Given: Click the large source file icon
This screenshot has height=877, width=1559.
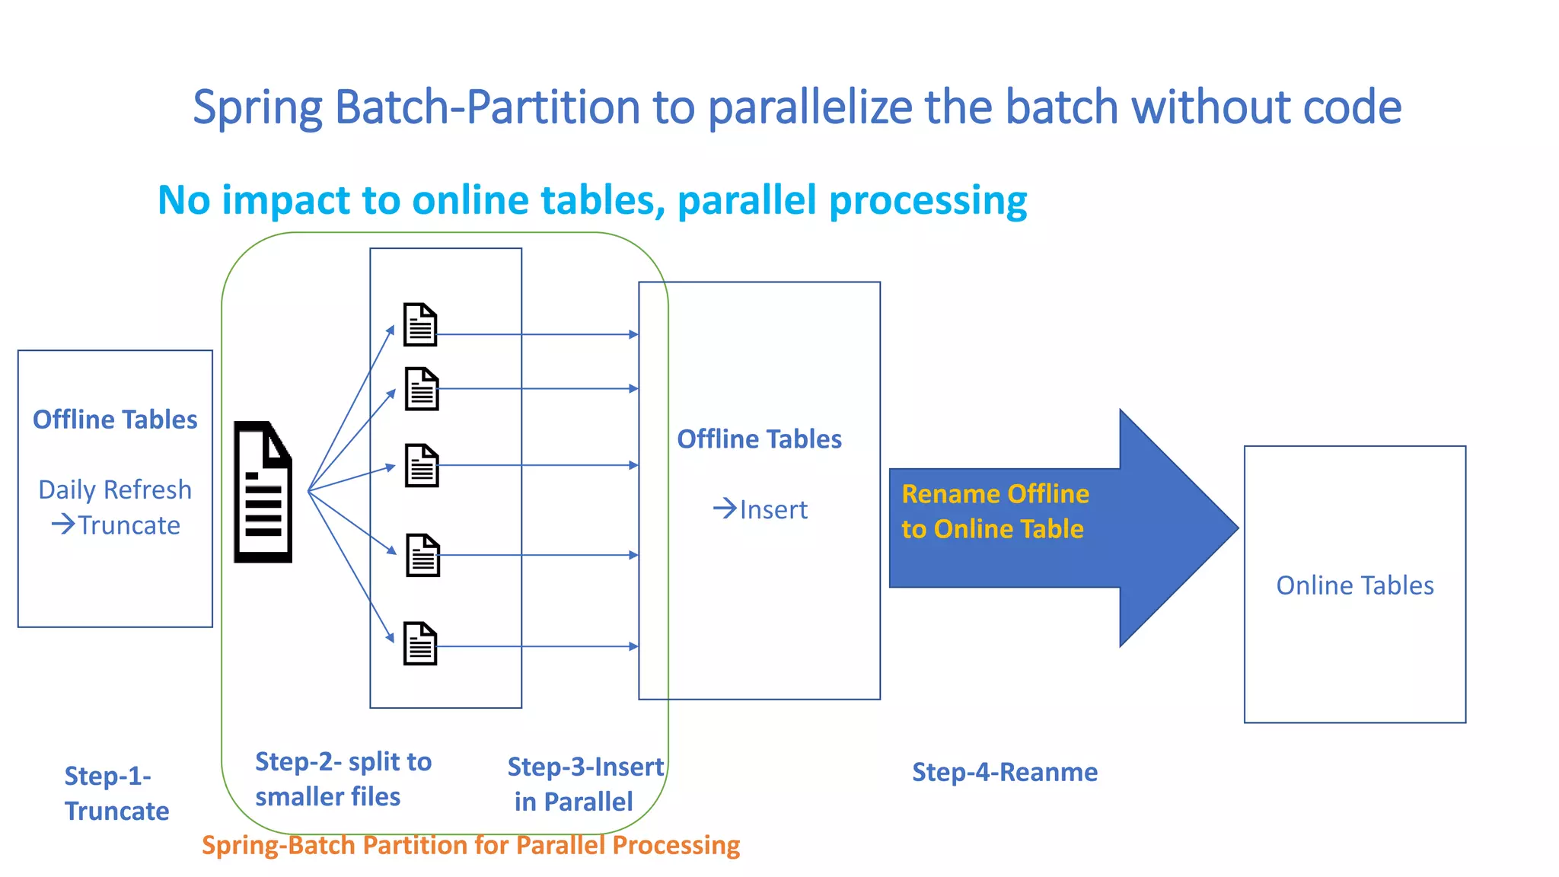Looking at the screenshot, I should pos(263,492).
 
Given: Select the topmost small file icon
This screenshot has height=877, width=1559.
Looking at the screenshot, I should pos(420,324).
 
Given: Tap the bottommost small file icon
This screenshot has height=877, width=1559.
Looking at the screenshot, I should pos(420,643).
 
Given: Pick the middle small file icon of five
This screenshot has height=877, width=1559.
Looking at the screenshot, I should pos(422,465).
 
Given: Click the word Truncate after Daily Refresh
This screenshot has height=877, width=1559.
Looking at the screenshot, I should pos(129,525).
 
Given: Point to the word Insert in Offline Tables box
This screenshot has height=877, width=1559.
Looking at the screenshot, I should pos(773,509).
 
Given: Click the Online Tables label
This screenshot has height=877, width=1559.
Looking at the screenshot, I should pos(1354,585).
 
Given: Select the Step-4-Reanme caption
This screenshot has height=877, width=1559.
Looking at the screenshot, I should pos(1004,772).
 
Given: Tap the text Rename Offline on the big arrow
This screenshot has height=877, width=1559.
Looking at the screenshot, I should pos(995,494).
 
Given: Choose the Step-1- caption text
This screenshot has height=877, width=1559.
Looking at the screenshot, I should pos(107,776).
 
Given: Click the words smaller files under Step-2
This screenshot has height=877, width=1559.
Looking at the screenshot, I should pos(327,797).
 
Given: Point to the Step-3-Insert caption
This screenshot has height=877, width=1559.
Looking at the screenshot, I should pos(585,767).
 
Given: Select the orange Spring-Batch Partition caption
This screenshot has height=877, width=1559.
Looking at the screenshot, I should pos(470,845).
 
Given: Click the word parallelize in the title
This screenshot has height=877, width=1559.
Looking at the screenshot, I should pos(810,107).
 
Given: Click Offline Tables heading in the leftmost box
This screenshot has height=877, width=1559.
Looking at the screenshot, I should pos(115,419).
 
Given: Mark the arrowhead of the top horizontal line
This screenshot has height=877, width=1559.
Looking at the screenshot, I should pos(633,334).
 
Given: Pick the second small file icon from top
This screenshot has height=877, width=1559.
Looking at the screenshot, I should pos(422,389).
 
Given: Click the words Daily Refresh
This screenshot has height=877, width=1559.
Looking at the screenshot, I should pos(115,490).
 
